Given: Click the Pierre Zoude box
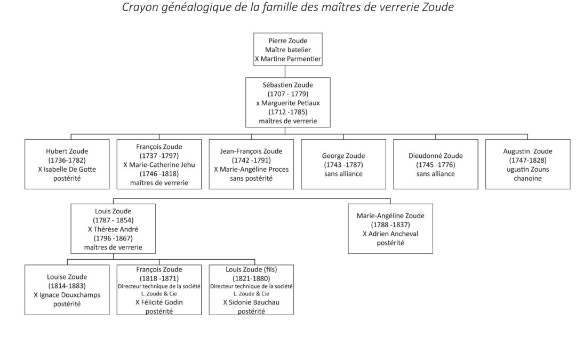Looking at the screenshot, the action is tap(287, 49).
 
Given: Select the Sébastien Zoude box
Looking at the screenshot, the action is tap(287, 102).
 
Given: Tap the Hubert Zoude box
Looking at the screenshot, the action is tap(67, 164).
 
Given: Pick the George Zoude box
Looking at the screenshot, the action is tap(343, 164).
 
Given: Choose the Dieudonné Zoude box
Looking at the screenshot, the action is tap(435, 164).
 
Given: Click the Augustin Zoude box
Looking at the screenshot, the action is tap(527, 164).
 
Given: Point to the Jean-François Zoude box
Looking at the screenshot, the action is tap(251, 164).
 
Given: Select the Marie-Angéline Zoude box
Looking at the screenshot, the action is tap(390, 228).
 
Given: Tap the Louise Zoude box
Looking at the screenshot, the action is tap(67, 290).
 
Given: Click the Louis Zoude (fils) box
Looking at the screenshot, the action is tap(251, 290).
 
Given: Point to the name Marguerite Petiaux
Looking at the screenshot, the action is tap(290, 103).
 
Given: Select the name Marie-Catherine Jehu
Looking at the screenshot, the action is tap(162, 165).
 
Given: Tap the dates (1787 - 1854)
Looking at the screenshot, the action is tap(113, 220).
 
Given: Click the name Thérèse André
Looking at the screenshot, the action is tap(116, 229).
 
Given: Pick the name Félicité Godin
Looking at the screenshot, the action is tap(162, 302).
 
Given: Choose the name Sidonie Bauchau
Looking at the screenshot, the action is tap(254, 302).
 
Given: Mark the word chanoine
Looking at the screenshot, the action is tap(527, 179).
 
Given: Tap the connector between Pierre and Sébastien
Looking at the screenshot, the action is tap(285, 71).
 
